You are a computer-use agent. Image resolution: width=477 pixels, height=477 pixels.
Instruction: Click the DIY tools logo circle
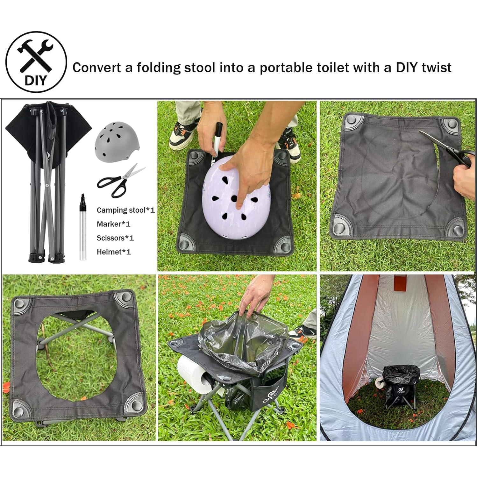(x=36, y=61)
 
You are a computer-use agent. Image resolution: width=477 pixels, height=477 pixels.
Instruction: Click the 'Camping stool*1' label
(x=125, y=210)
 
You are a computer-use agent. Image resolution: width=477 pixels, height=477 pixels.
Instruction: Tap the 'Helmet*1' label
(x=114, y=252)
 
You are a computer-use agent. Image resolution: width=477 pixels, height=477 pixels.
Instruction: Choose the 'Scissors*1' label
(x=115, y=238)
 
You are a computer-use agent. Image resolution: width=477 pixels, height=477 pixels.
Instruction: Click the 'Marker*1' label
(x=113, y=224)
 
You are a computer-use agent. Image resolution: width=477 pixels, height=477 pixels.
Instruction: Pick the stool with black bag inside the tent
(x=398, y=385)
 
